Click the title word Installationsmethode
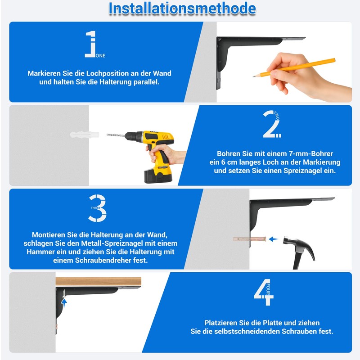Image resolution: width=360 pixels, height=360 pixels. click(182, 9)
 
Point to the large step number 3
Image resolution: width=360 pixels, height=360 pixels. click(97, 208)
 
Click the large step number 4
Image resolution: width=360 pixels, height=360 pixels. click(264, 292)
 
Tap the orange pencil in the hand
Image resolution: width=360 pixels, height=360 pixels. click(294, 67)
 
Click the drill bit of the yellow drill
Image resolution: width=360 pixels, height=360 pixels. click(116, 135)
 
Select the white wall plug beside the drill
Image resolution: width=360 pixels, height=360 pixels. click(85, 135)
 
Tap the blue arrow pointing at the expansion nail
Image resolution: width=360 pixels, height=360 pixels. click(273, 239)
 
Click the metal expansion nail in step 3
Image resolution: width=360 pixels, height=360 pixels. click(250, 239)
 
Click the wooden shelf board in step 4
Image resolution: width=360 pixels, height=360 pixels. click(98, 282)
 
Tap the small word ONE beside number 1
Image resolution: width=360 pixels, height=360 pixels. click(100, 55)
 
